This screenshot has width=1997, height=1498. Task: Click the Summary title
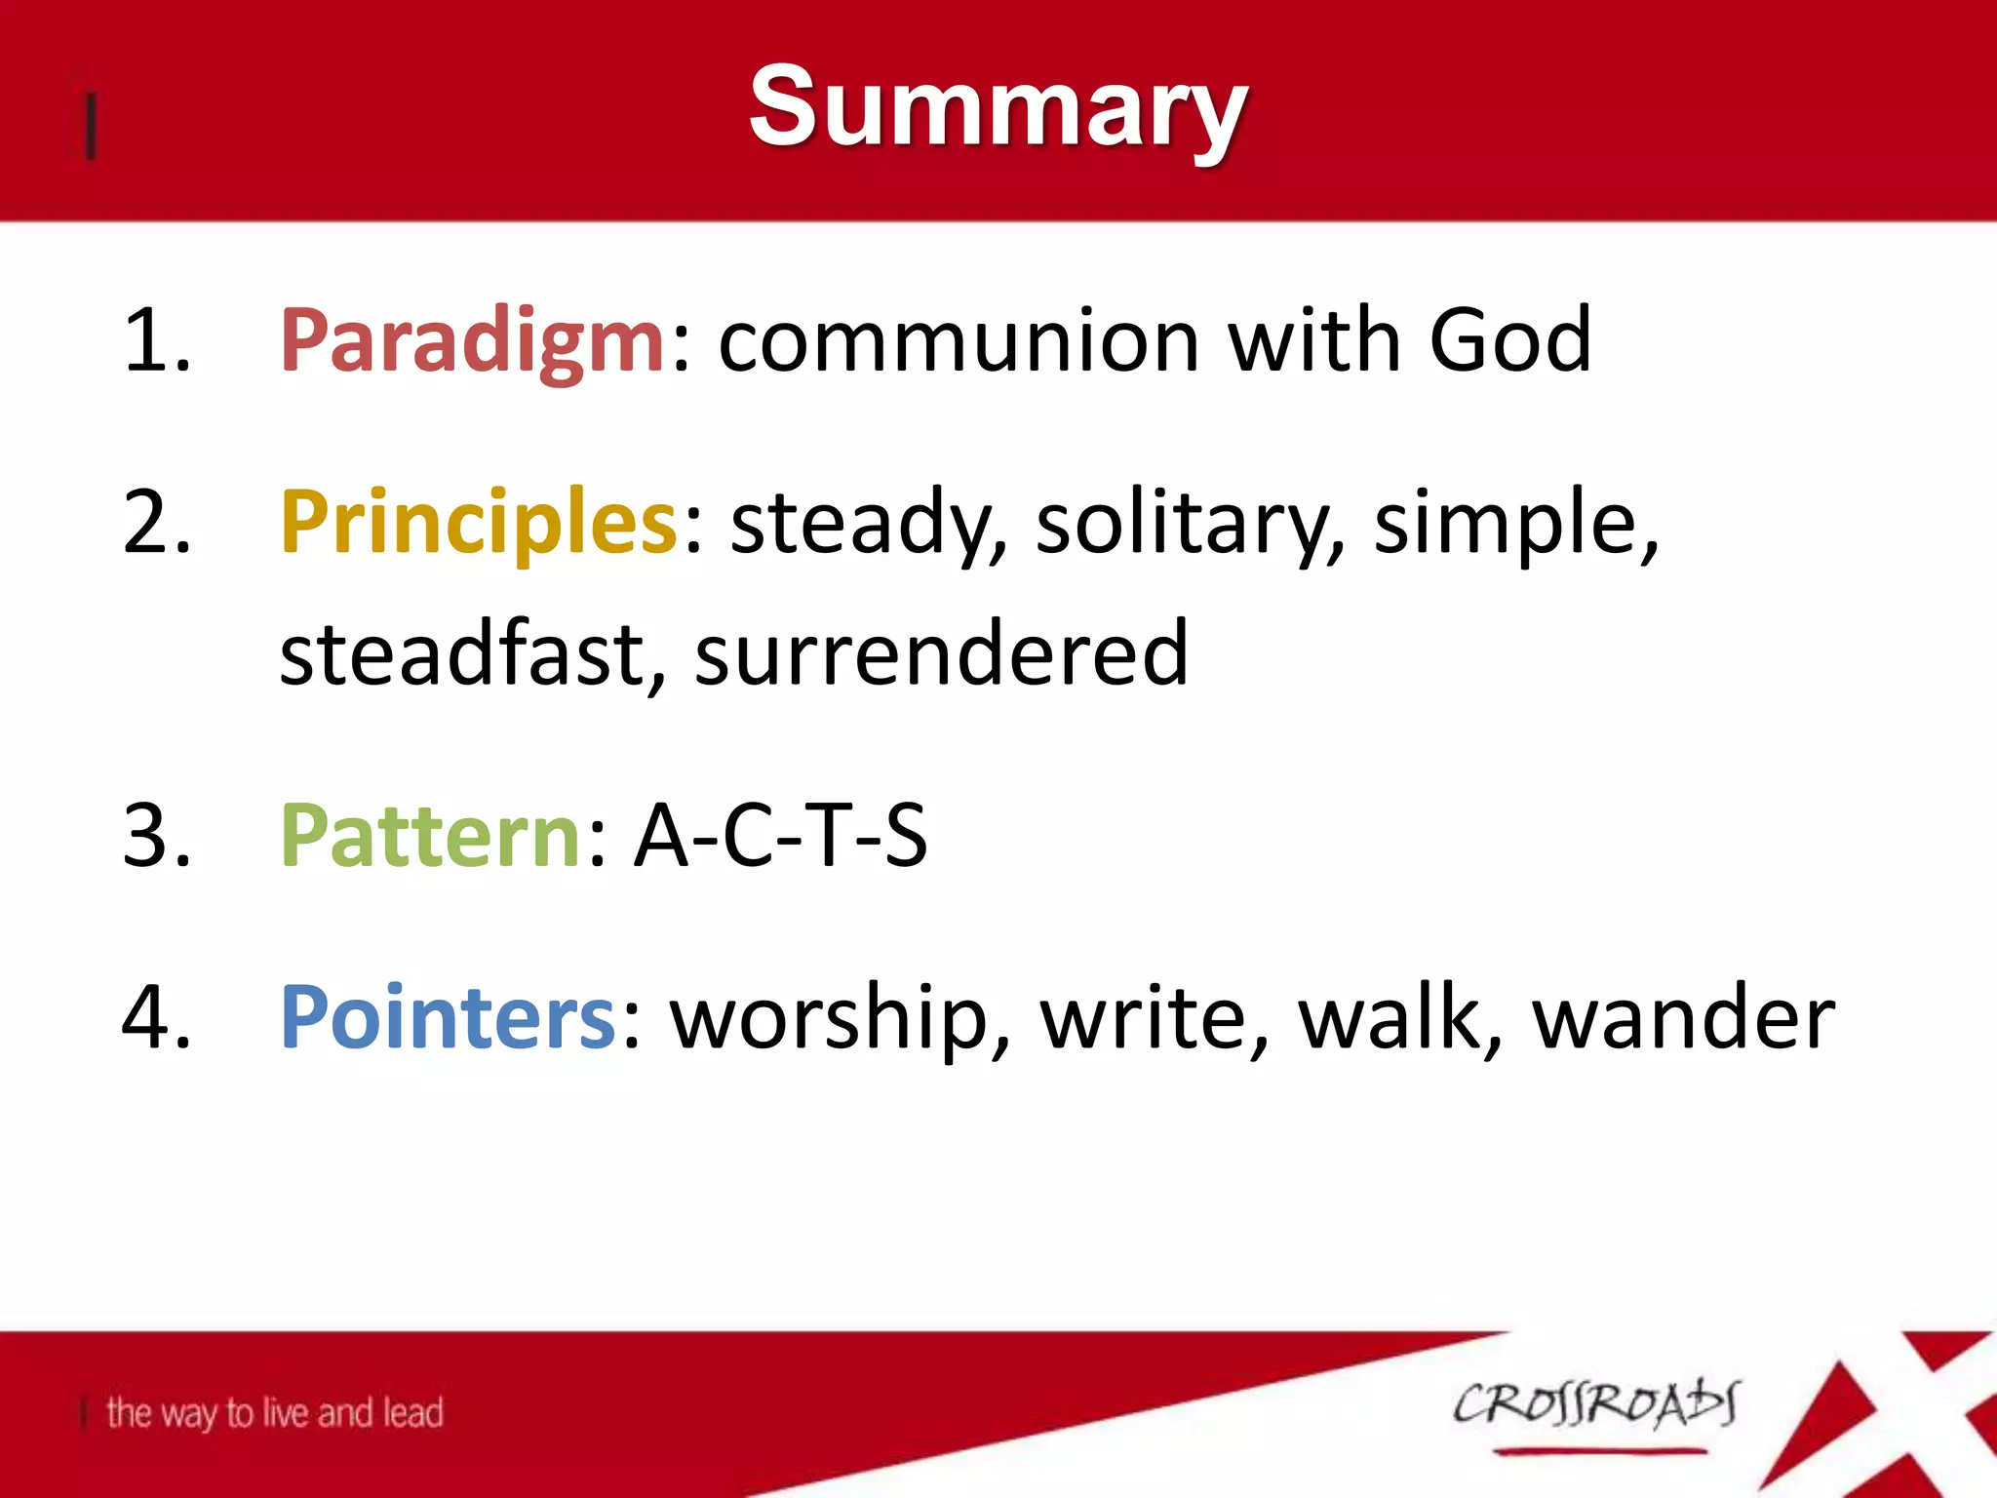998,107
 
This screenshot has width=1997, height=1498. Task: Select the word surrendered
941,653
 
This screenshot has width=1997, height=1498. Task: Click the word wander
1684,1017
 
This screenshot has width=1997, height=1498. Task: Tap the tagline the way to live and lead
274,1412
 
